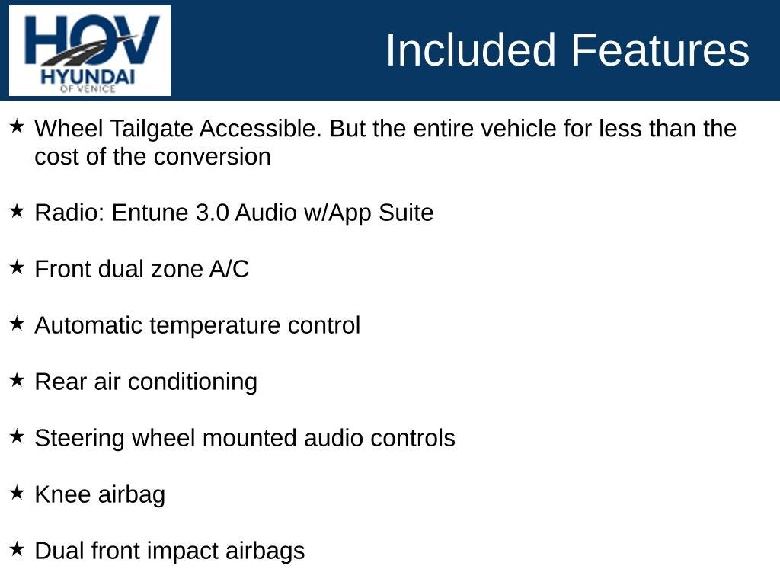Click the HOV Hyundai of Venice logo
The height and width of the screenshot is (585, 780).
pyautogui.click(x=90, y=51)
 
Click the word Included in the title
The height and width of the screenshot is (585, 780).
pyautogui.click(x=470, y=50)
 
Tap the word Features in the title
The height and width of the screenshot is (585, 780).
pyautogui.click(x=660, y=50)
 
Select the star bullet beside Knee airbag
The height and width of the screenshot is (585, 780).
pyautogui.click(x=17, y=493)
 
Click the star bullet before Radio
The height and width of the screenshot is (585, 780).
pyautogui.click(x=17, y=211)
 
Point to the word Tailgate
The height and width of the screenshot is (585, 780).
pyautogui.click(x=152, y=129)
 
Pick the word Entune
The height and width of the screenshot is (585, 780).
pyautogui.click(x=150, y=213)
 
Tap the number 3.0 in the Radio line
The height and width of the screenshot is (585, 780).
pyautogui.click(x=212, y=213)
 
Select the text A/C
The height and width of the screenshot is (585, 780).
pyautogui.click(x=229, y=269)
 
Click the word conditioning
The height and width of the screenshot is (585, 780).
pyautogui.click(x=193, y=382)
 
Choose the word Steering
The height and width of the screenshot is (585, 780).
pyautogui.click(x=79, y=439)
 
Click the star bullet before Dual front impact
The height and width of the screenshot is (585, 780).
pyautogui.click(x=17, y=549)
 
